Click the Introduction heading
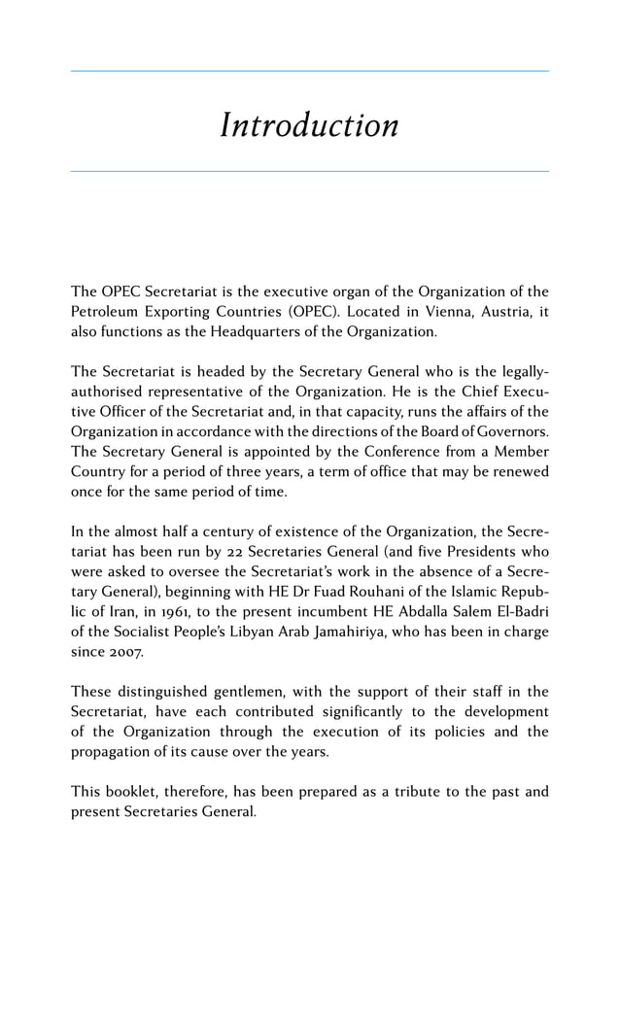tap(309, 125)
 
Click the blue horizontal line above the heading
tap(309, 71)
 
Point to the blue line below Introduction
tap(309, 172)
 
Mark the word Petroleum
tap(107, 312)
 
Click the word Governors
tap(510, 431)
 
